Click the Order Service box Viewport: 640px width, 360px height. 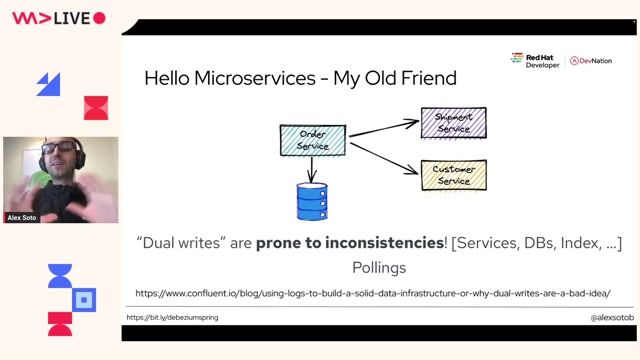pos(313,140)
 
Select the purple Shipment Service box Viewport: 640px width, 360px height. pos(453,123)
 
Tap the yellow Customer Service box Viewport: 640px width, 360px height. pos(453,175)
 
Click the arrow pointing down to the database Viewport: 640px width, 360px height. pos(313,169)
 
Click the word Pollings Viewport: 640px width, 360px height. pos(379,268)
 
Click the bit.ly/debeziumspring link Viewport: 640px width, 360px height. pos(172,317)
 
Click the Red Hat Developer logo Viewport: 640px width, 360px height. pos(536,60)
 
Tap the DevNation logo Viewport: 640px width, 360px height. pos(592,61)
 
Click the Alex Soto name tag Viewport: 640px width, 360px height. pos(22,217)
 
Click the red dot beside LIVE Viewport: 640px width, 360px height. pos(99,18)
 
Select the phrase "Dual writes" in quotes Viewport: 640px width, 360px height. pos(177,242)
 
